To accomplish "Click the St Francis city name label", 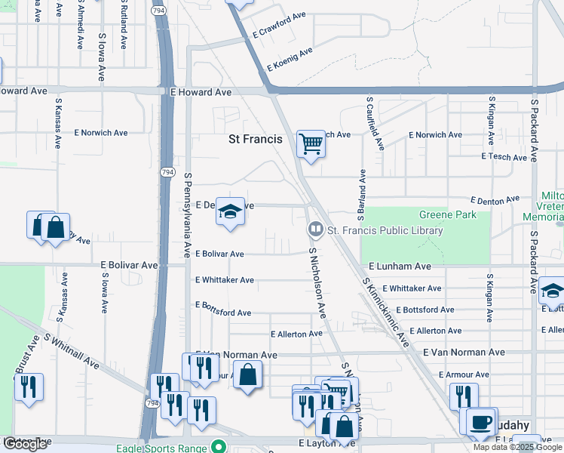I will (x=256, y=139).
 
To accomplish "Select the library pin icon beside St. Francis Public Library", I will (x=315, y=229).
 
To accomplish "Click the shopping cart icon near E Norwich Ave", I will (x=311, y=143).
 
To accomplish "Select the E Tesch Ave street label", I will (x=504, y=157).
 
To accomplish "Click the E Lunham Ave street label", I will (x=400, y=267).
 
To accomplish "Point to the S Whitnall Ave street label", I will (x=72, y=351).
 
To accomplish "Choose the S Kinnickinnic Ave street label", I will (x=385, y=312).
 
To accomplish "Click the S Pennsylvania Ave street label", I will (x=188, y=215).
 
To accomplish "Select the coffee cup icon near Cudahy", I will (x=480, y=421).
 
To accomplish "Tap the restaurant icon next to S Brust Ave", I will (x=28, y=387).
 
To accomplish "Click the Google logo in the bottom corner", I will (x=25, y=444).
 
